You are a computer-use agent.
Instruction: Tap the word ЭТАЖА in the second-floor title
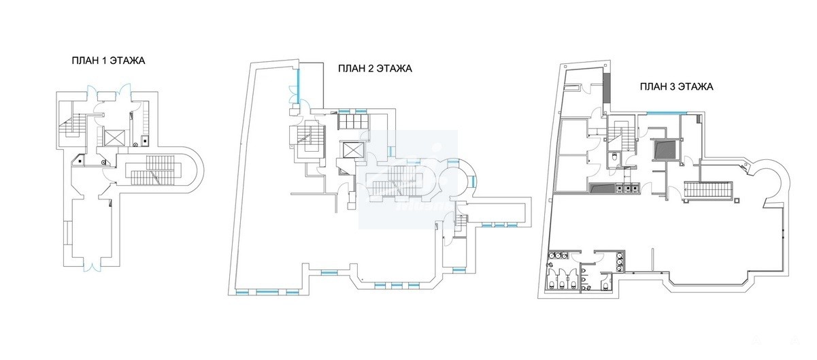(394, 69)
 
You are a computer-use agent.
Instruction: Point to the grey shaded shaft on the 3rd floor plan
(664, 150)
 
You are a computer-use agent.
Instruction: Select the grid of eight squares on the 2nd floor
(353, 121)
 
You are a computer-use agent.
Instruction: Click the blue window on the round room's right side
(473, 181)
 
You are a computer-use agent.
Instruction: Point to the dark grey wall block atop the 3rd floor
(607, 88)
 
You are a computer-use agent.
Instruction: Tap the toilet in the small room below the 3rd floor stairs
(614, 157)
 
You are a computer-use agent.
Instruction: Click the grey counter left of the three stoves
(601, 187)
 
